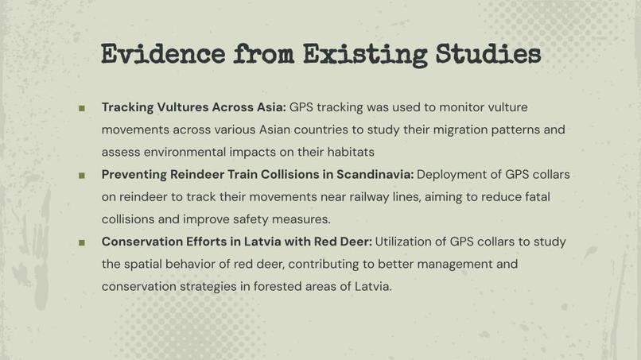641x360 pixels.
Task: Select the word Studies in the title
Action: point(488,55)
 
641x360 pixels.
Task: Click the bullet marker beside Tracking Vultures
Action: point(81,108)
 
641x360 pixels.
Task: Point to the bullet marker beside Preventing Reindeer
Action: point(81,175)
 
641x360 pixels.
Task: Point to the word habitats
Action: point(348,152)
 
